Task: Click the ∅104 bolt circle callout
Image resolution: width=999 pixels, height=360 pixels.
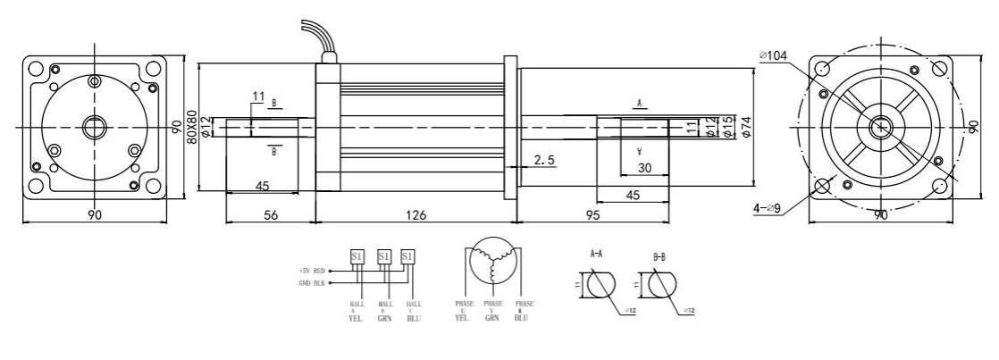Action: [775, 56]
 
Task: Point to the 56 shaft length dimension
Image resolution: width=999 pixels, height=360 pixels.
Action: [270, 215]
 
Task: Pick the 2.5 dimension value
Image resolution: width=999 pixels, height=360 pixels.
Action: [546, 160]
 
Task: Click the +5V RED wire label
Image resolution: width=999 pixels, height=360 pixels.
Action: [314, 269]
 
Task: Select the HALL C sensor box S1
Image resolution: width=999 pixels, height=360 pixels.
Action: [408, 256]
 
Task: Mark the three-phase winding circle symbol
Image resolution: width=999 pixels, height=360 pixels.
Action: [491, 258]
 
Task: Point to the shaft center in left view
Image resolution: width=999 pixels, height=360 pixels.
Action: [94, 128]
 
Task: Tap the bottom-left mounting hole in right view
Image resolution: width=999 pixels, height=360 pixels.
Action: [821, 186]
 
